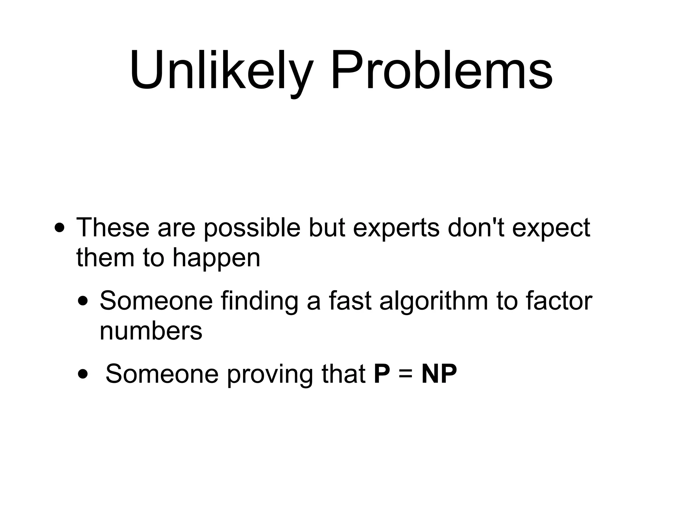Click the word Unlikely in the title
[221, 71]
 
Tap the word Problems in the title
[442, 71]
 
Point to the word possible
[252, 229]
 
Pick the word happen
[216, 258]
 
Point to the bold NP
[439, 374]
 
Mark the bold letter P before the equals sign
[382, 374]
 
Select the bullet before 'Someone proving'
[83, 375]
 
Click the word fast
[350, 301]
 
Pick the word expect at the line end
[551, 229]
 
